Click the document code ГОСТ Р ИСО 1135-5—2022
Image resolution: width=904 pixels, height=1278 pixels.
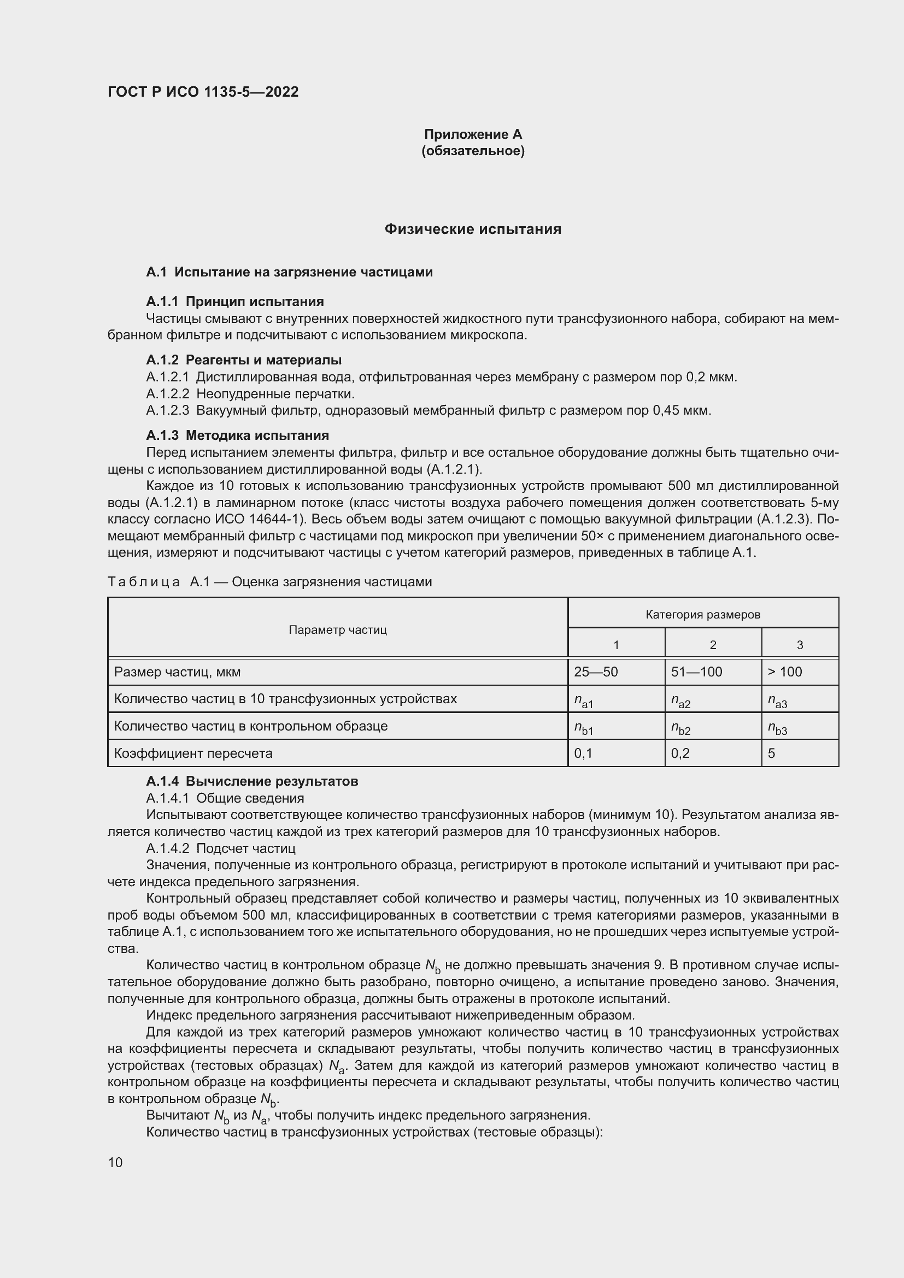tap(203, 92)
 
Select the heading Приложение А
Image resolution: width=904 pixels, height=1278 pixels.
tap(473, 134)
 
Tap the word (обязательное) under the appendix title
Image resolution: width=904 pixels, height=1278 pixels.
tap(473, 151)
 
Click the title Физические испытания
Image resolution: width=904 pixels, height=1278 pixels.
tap(473, 229)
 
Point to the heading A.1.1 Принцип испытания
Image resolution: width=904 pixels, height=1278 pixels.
tap(234, 302)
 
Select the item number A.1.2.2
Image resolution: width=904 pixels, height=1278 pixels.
tap(168, 394)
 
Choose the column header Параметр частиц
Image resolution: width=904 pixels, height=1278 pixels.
tap(337, 629)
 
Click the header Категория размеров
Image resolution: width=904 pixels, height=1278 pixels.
tap(702, 615)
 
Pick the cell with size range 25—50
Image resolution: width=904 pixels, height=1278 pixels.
tap(596, 672)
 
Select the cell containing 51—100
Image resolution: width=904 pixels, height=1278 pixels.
tap(696, 672)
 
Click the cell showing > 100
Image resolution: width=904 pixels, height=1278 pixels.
tap(785, 672)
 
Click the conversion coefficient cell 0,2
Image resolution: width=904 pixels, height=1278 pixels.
tap(680, 753)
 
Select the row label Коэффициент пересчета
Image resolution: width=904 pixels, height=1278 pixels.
tap(193, 753)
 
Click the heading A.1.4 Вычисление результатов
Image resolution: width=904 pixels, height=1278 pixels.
tap(251, 781)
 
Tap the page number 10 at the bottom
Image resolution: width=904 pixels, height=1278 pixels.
tap(115, 1162)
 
